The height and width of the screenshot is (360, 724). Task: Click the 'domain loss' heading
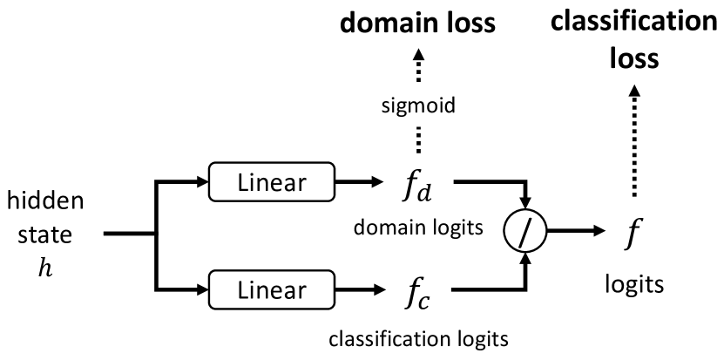pos(417,24)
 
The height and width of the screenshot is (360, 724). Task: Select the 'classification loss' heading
pos(633,39)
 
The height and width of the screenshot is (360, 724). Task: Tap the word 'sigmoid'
pos(417,106)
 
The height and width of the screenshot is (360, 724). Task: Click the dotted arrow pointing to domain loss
pos(417,66)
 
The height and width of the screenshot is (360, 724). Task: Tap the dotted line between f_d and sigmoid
pos(417,140)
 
